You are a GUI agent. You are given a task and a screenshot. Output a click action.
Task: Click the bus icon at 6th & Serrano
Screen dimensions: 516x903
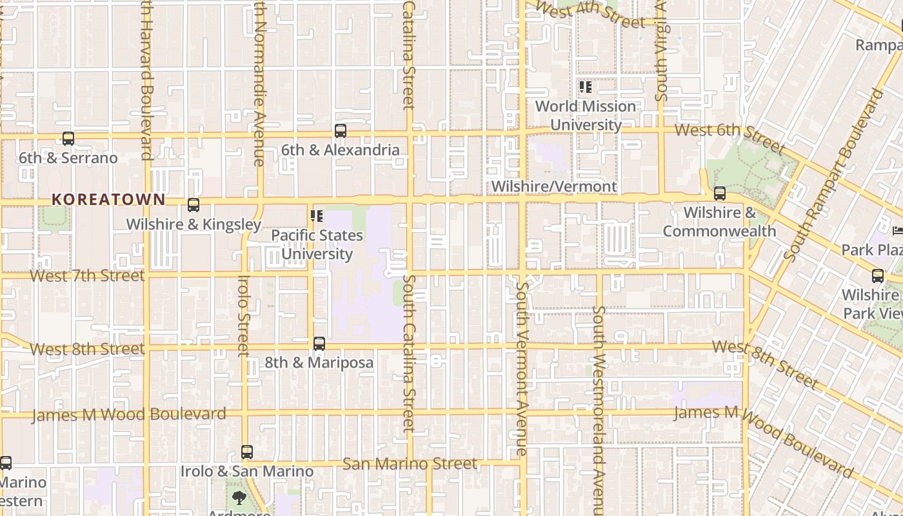point(68,138)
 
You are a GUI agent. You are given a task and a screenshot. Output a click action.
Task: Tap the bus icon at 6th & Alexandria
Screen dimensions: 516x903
point(341,131)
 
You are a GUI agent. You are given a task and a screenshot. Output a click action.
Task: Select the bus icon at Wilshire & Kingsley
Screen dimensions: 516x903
point(193,205)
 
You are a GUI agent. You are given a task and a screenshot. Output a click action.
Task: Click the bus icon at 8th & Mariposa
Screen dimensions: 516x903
point(319,344)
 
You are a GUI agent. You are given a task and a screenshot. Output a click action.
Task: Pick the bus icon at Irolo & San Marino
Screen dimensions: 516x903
point(246,452)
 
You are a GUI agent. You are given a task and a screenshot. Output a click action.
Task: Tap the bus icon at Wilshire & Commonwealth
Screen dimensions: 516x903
point(720,193)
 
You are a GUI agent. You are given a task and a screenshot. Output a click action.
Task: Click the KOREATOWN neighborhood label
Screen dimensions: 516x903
point(108,200)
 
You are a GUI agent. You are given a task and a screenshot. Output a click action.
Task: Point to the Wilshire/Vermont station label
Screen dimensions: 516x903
point(554,186)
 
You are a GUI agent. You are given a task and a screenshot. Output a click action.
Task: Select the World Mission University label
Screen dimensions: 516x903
point(586,115)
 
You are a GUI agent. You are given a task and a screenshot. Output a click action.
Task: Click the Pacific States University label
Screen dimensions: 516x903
point(317,244)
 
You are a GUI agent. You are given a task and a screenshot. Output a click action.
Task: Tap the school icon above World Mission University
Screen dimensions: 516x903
point(585,86)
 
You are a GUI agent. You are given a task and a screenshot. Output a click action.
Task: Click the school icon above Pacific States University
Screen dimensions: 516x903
point(316,215)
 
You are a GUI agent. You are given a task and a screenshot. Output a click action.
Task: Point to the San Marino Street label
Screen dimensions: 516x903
point(410,464)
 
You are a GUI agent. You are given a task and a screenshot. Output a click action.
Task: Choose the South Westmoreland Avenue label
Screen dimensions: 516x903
point(599,400)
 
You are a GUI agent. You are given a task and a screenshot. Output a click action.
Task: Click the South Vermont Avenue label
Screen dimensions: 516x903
point(522,368)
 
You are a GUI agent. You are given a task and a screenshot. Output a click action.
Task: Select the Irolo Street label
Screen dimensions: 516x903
point(243,316)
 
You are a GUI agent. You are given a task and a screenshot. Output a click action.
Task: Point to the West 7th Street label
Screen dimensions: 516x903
point(87,276)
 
